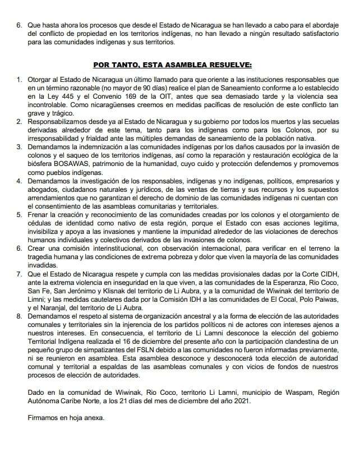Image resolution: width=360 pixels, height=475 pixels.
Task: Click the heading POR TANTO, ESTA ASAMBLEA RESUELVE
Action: point(179,64)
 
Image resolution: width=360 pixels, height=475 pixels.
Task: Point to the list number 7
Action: point(18,274)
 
